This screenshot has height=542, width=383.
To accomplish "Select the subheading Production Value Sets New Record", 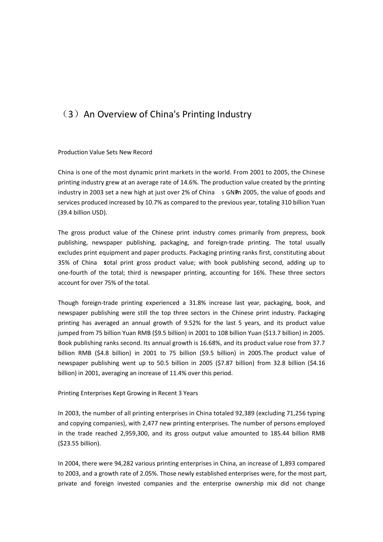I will (x=105, y=152).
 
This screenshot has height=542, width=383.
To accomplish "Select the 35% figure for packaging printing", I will (x=63, y=263).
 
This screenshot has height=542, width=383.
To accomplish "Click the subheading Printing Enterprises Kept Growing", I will (x=128, y=393).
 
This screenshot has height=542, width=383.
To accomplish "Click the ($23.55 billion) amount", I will (x=79, y=443).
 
